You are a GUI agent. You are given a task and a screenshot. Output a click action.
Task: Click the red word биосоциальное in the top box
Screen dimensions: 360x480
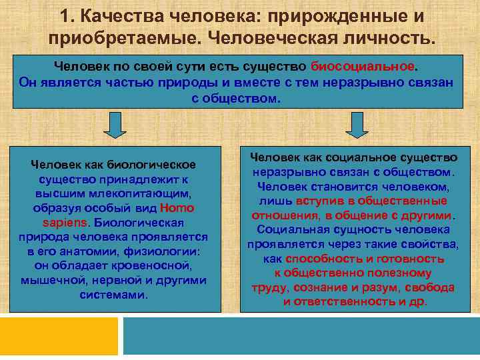(364, 67)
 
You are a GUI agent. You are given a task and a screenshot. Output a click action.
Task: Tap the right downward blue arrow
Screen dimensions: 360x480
(357, 125)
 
